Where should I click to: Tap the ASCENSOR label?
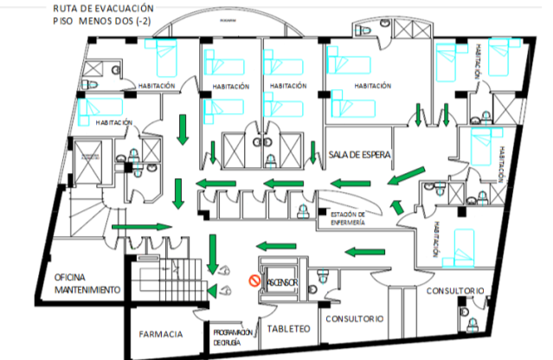280,282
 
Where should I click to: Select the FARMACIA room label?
161,334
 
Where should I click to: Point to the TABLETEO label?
286,329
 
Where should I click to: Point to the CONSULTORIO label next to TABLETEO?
354,318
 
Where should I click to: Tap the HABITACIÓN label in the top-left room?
157,86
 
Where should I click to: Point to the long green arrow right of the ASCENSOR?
363,253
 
